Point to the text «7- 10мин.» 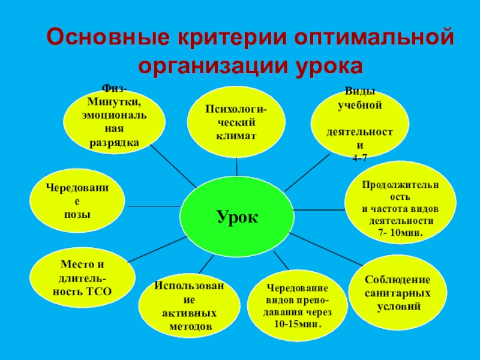(x=401, y=232)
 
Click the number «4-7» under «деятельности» (x=359, y=157)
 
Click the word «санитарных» (x=398, y=293)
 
